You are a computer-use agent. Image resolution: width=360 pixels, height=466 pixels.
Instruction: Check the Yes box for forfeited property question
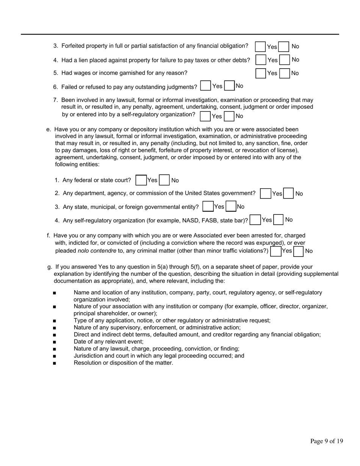(260, 46)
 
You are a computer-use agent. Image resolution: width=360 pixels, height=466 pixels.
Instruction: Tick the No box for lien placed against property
(285, 60)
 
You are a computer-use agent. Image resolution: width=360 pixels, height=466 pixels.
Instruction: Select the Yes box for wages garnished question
(261, 73)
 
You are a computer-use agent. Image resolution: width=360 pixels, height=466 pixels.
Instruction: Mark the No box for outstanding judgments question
(229, 86)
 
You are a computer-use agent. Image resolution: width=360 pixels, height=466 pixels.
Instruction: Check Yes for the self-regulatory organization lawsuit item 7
(205, 116)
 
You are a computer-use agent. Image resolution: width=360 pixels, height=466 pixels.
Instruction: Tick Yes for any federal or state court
(141, 180)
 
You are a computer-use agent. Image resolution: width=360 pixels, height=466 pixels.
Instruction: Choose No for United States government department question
(289, 194)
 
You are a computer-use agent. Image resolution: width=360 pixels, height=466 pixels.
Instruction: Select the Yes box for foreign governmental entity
(208, 207)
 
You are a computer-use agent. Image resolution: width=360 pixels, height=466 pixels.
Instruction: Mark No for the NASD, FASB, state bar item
(279, 220)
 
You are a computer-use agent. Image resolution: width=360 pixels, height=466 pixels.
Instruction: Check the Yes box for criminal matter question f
(275, 251)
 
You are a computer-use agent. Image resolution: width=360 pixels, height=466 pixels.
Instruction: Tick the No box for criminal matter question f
(299, 251)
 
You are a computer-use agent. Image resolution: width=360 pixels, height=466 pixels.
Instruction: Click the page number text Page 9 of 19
(327, 441)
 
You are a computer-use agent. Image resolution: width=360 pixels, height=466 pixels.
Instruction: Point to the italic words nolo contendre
(97, 251)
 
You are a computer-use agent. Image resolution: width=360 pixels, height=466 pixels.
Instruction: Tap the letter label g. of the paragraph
(50, 267)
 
